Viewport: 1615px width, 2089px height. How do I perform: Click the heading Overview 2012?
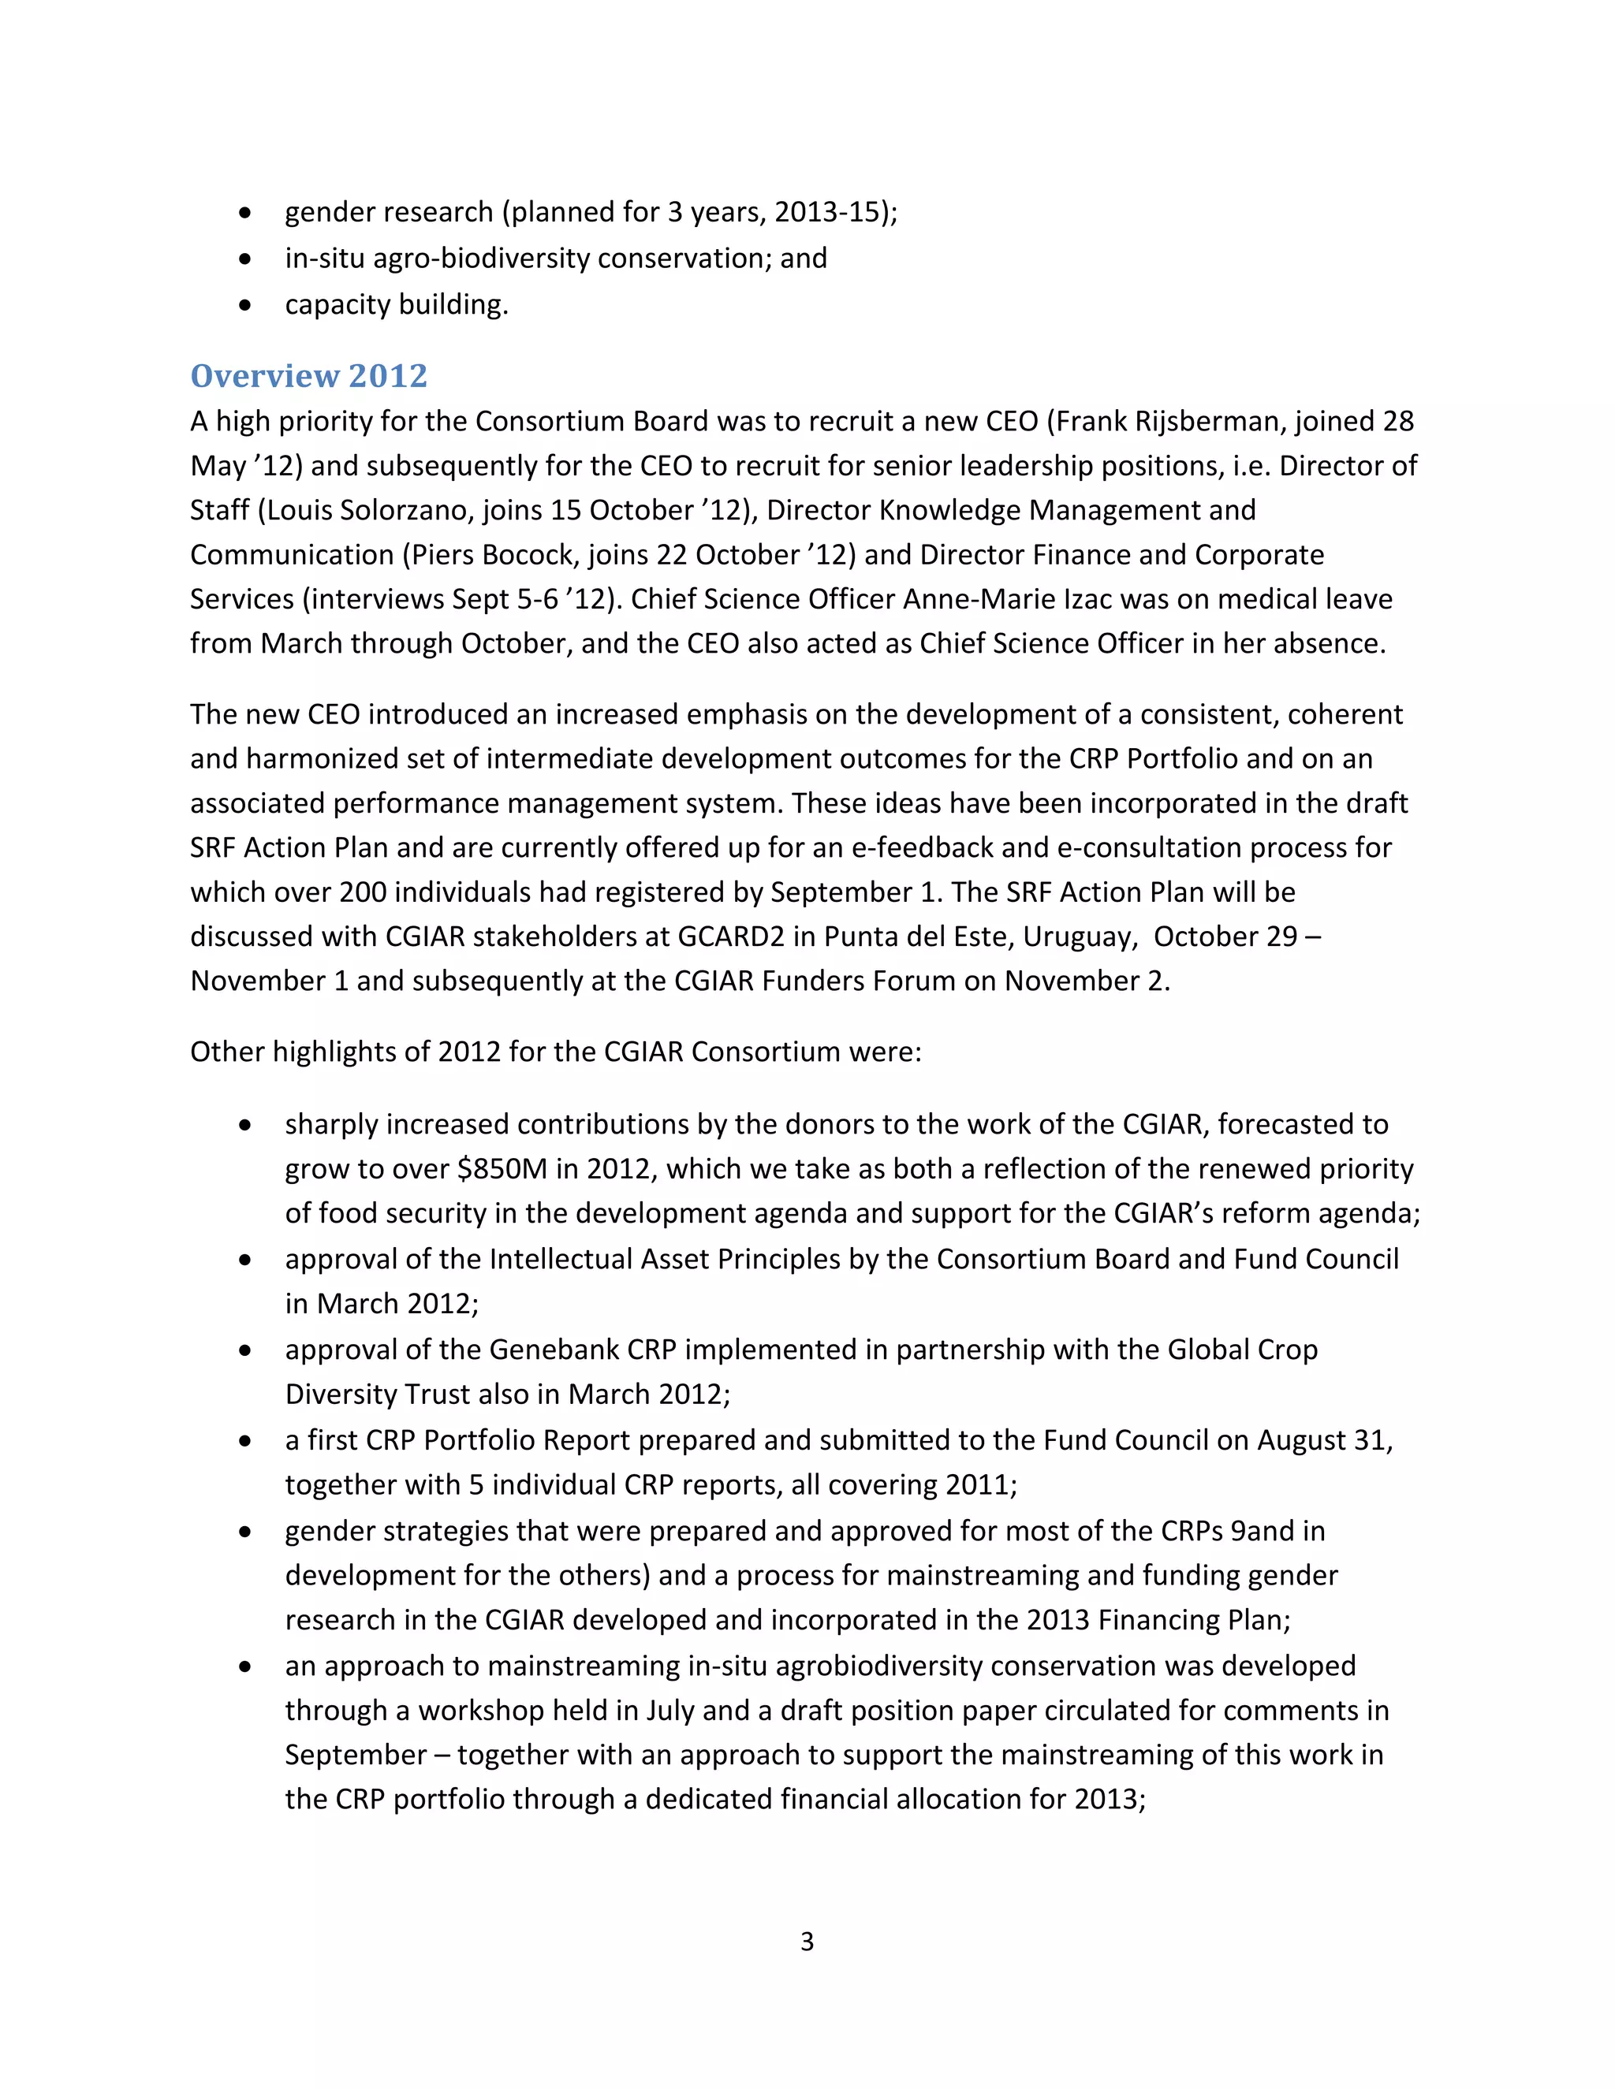(308, 376)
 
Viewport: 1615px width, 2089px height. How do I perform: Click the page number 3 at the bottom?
(807, 1941)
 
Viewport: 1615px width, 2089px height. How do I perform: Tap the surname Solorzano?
(398, 510)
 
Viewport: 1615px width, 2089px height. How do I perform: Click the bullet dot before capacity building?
(246, 305)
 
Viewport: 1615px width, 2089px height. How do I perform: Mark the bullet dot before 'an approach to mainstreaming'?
(246, 1666)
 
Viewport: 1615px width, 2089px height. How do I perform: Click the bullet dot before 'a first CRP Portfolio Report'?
(246, 1440)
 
